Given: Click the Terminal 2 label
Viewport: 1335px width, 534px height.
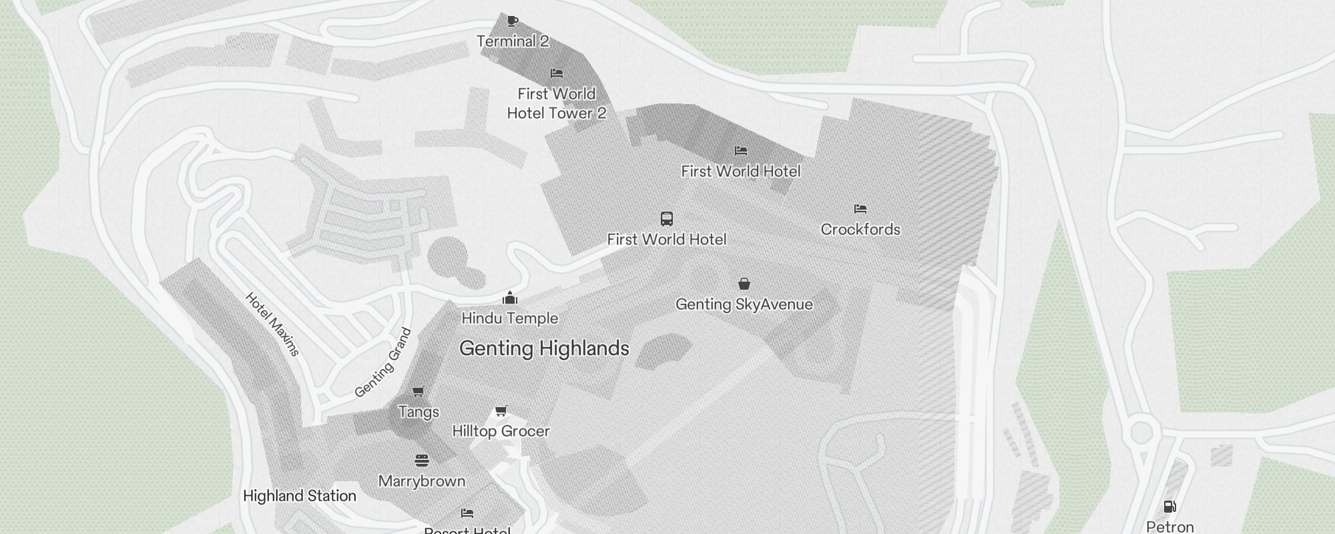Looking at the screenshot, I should pos(513,41).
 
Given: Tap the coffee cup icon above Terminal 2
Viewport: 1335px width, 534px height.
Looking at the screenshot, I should pos(512,21).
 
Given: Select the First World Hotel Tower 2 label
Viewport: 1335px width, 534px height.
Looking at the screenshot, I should pos(557,103).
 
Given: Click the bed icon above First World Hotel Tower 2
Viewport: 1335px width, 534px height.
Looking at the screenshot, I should pos(557,73).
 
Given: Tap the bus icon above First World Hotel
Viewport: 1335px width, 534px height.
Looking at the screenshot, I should pos(666,218).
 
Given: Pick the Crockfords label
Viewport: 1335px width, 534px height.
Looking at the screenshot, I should pos(860,230).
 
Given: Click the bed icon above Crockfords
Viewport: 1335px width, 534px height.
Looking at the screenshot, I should pos(860,209).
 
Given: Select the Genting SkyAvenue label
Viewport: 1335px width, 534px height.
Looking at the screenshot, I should pos(744,304).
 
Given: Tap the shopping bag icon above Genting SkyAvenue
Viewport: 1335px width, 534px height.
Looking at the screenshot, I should pos(744,284).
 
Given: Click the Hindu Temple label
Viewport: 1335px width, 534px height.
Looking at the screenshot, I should pos(509,318).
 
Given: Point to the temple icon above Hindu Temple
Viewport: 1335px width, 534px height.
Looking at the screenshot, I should pos(510,297).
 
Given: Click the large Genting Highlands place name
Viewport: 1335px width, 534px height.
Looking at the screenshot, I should pos(544,348).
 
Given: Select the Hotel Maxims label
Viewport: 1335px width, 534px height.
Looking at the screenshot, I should pos(272,324).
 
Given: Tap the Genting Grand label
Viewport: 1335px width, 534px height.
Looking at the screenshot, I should pos(383,363).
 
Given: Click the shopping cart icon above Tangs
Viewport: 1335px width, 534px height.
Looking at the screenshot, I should pos(419,391).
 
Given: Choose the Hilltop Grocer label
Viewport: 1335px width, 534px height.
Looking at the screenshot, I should pos(501,431).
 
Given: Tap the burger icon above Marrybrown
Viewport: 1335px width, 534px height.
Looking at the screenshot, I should pos(421,461).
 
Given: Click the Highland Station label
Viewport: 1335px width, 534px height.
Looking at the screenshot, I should pos(299,496).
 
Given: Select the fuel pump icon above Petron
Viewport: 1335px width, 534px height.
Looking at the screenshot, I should pos(1169,507).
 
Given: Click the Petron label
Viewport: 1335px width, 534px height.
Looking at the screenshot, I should pos(1169,527).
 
